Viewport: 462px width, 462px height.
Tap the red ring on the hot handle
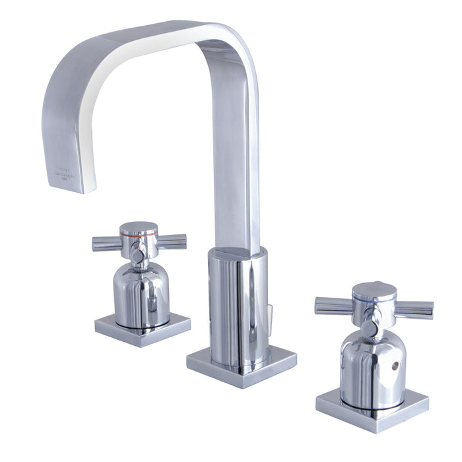pos(139,234)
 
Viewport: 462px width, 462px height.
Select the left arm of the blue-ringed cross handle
pos(333,306)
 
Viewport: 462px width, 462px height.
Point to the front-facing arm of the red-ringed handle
pos(137,255)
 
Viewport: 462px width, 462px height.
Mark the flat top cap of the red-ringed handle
pos(139,226)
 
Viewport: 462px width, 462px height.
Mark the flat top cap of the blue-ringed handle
pos(374,289)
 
